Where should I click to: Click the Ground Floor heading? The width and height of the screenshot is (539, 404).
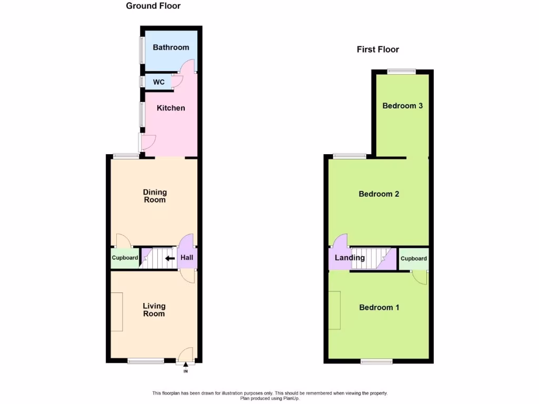pyautogui.click(x=153, y=6)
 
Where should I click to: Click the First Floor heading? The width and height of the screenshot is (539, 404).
pyautogui.click(x=377, y=49)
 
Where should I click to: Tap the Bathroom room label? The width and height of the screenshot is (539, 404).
pyautogui.click(x=171, y=47)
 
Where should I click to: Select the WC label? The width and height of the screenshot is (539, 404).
pyautogui.click(x=158, y=82)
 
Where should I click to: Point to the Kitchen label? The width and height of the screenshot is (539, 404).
pyautogui.click(x=171, y=108)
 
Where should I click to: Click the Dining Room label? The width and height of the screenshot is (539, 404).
pyautogui.click(x=154, y=196)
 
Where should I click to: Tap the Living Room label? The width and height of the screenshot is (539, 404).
pyautogui.click(x=154, y=309)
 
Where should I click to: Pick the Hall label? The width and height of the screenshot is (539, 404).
pyautogui.click(x=187, y=258)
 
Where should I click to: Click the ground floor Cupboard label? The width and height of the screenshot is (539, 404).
pyautogui.click(x=125, y=258)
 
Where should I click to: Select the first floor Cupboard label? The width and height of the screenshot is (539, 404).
pyautogui.click(x=413, y=258)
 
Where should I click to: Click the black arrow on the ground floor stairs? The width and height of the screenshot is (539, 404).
pyautogui.click(x=170, y=258)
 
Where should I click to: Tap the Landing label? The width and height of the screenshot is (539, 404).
pyautogui.click(x=350, y=258)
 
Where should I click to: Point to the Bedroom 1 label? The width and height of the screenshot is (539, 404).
pyautogui.click(x=379, y=307)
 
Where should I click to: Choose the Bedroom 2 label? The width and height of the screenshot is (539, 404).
pyautogui.click(x=378, y=194)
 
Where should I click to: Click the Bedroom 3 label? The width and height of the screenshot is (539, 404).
pyautogui.click(x=402, y=106)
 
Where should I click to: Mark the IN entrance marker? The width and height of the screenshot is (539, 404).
pyautogui.click(x=185, y=371)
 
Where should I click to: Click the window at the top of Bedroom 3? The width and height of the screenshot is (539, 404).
pyautogui.click(x=402, y=71)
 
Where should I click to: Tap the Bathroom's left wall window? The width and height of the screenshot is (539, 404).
pyautogui.click(x=141, y=50)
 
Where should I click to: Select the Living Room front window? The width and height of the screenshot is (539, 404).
pyautogui.click(x=146, y=361)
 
